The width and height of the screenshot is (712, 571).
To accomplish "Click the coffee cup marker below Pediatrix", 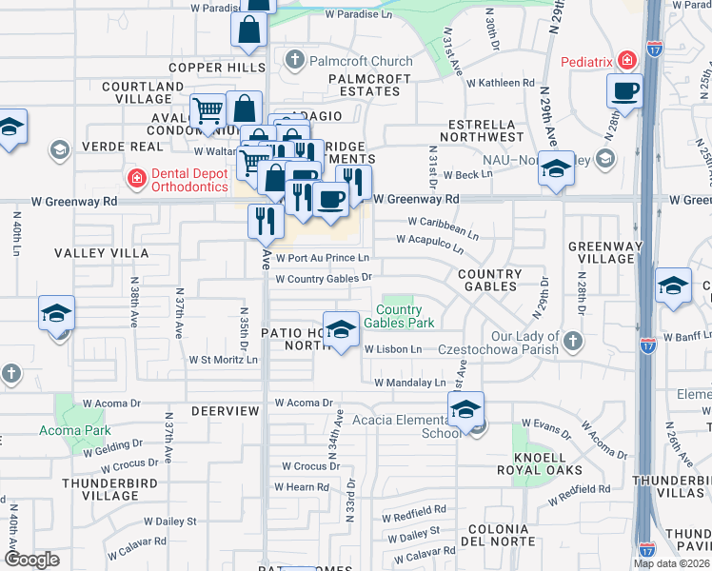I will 624,92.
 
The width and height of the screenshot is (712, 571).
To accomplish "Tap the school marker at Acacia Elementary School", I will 465,411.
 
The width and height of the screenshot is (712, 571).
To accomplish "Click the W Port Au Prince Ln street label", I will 322,258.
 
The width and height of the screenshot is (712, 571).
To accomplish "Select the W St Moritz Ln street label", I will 223,360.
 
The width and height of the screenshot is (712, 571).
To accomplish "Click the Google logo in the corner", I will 31,559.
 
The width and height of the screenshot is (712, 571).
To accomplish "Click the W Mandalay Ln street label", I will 409,383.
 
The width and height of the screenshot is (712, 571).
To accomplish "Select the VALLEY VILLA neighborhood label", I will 101,253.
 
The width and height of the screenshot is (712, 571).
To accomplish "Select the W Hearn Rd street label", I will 307,487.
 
